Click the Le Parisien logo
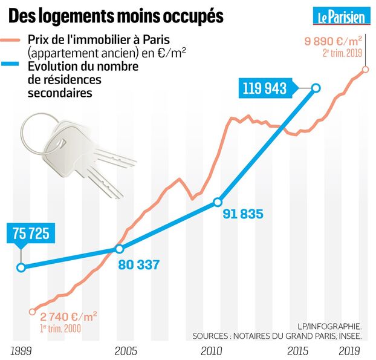pyautogui.click(x=342, y=16)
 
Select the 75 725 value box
pyautogui.click(x=28, y=234)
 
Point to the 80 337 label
pyautogui.click(x=140, y=264)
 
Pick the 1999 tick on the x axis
pyautogui.click(x=22, y=350)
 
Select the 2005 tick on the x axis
pyautogui.click(x=126, y=350)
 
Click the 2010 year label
pyautogui.click(x=212, y=350)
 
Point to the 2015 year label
pyautogui.click(x=297, y=350)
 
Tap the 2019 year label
pyautogui.click(x=349, y=350)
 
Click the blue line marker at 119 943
pyautogui.click(x=315, y=88)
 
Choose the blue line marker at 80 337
pyautogui.click(x=119, y=249)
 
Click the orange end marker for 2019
pyautogui.click(x=365, y=70)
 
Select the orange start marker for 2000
pyautogui.click(x=32, y=312)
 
